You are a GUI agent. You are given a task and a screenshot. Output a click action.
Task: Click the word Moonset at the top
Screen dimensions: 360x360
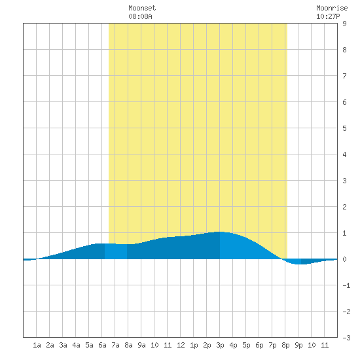[142, 8]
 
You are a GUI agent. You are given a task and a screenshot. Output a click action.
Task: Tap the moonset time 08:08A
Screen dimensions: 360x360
[140, 16]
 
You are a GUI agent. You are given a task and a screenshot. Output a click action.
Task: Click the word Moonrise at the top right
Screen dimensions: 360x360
[332, 8]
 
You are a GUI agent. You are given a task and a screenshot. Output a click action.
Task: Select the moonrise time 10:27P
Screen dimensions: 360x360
[328, 16]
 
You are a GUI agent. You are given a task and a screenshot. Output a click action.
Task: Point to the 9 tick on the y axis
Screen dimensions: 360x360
[344, 24]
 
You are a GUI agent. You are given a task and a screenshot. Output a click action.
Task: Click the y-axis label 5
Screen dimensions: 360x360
[344, 128]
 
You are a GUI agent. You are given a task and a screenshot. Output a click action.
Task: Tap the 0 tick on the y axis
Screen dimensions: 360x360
[344, 259]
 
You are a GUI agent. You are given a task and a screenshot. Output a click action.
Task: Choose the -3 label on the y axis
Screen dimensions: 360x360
[346, 338]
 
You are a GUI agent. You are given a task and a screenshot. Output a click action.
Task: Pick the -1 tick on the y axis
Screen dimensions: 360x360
[346, 285]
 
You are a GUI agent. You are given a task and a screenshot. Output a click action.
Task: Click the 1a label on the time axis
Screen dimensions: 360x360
[37, 345]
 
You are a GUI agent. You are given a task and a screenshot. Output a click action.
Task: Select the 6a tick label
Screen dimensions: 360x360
[102, 345]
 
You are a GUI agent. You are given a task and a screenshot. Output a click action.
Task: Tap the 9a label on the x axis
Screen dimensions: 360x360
[141, 345]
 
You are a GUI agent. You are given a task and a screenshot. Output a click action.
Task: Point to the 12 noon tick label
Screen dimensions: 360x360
[181, 345]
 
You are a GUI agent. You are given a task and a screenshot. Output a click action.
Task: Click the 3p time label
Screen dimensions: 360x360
[220, 345]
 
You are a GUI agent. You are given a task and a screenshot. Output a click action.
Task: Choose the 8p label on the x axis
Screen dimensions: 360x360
[285, 345]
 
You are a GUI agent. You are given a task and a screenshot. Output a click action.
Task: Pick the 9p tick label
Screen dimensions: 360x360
[298, 345]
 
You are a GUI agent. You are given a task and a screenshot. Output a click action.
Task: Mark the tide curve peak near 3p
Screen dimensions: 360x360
[220, 232]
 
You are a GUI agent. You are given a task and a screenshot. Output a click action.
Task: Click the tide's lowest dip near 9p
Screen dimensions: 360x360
[299, 264]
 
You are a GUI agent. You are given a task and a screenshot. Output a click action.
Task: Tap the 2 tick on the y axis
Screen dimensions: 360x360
[344, 207]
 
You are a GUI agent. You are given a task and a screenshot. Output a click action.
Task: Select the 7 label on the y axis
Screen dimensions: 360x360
[344, 76]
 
